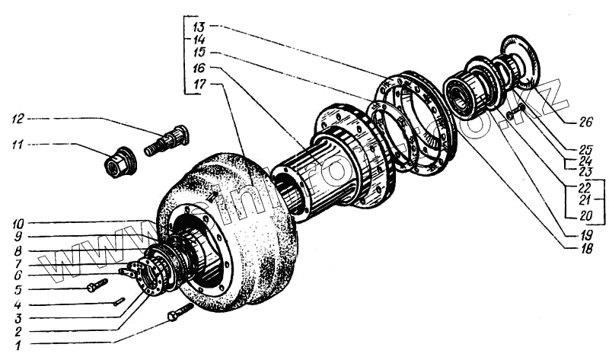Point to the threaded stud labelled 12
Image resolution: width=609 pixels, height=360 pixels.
pyautogui.click(x=167, y=141)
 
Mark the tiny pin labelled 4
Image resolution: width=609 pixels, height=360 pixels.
pyautogui.click(x=119, y=301)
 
